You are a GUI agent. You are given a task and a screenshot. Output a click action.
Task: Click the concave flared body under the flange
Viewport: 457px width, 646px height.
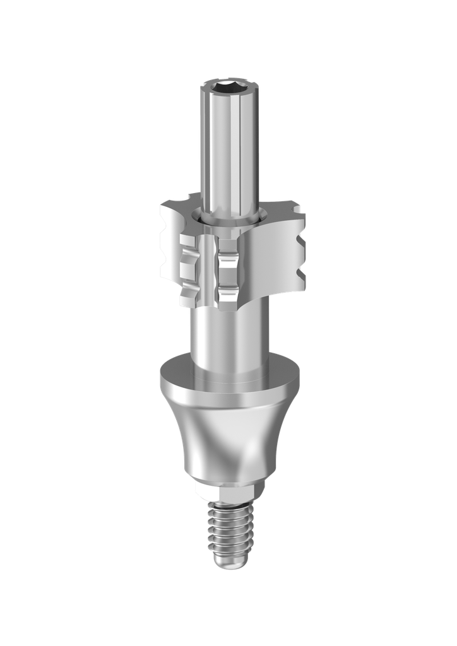(228, 442)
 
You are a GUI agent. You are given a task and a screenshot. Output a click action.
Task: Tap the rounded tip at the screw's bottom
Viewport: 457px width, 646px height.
(228, 560)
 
